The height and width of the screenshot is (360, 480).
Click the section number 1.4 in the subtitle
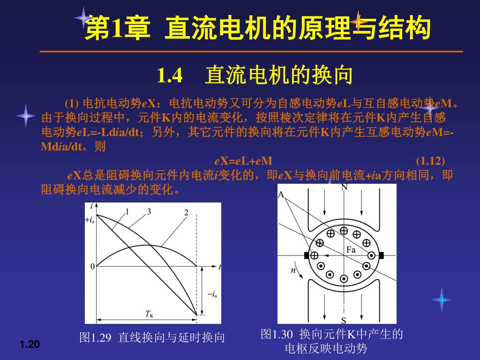click(170, 75)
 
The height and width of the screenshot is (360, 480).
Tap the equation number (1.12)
click(430, 161)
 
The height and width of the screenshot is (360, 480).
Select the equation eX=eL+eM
click(243, 161)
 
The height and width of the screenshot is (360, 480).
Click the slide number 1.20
click(30, 345)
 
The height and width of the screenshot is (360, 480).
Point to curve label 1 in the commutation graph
click(127, 211)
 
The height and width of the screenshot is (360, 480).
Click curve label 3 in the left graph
click(149, 211)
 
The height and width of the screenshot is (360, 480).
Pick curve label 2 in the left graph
click(186, 213)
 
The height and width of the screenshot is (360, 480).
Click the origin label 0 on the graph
click(92, 267)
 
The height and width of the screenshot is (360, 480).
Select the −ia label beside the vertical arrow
click(212, 294)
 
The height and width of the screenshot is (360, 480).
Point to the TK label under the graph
click(149, 314)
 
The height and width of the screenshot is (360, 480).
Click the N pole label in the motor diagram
click(344, 187)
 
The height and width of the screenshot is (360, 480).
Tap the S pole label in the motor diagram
click(344, 321)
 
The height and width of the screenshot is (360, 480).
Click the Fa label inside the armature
click(351, 250)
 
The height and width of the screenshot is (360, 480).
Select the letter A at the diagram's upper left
click(281, 195)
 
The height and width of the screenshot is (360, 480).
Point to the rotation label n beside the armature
click(293, 270)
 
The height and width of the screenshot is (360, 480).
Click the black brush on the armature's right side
click(381, 255)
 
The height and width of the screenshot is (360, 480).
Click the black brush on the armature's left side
click(307, 255)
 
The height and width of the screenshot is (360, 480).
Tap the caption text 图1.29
click(95, 337)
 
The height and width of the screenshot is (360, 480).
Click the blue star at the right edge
click(442, 300)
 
